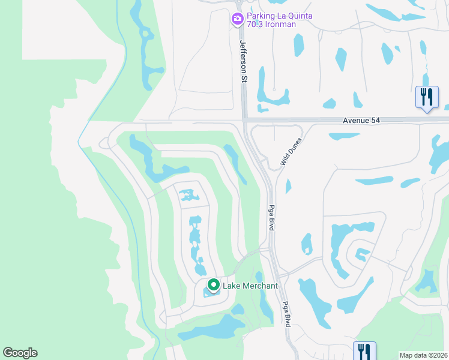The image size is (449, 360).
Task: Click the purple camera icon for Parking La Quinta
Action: [x=238, y=19]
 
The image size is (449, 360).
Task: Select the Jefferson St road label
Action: [x=243, y=61]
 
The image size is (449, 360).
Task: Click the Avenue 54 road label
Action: [x=361, y=120]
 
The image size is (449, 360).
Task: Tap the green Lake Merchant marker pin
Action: [x=212, y=285]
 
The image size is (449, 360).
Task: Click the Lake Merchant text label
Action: [x=250, y=286]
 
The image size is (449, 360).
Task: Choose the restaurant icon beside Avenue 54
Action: [x=427, y=97]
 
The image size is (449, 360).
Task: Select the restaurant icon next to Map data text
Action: [x=364, y=350]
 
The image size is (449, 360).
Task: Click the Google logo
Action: [x=20, y=353]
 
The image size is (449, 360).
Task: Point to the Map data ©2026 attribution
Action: [x=423, y=355]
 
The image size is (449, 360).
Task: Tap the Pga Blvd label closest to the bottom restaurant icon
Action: [x=287, y=314]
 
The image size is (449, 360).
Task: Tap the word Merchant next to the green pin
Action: [x=259, y=286]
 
